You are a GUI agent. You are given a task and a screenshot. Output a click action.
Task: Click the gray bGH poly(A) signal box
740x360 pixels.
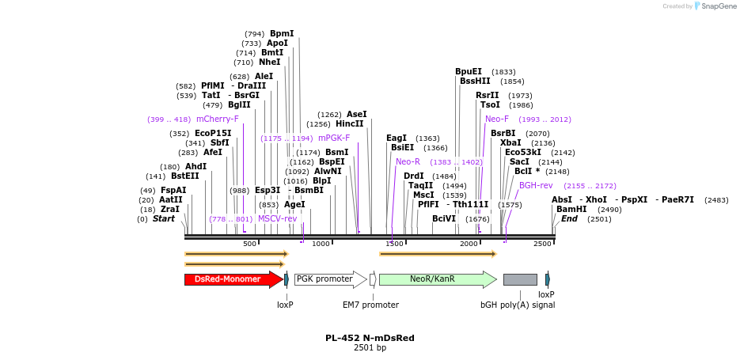coord(520,279)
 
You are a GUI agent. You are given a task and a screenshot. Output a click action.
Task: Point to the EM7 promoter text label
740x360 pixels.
coord(370,305)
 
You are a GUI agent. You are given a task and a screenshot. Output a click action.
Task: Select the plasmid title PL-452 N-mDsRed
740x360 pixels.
coord(370,338)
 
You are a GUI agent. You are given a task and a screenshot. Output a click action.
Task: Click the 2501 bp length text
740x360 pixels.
coord(370,348)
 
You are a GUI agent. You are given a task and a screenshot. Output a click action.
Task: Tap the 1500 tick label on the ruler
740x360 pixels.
coord(394,244)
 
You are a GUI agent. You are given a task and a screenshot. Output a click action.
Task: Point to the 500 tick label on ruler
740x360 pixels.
coord(249,244)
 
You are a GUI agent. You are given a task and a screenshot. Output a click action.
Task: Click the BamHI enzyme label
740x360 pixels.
coord(571,210)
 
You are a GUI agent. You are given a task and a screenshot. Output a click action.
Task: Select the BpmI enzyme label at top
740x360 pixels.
coord(282,33)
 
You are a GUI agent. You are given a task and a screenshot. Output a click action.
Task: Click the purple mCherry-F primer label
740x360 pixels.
coord(218,119)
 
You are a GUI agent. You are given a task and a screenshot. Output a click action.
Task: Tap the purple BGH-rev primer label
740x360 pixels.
coord(536,185)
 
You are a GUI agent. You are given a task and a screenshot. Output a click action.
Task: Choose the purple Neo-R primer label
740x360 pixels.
coord(408,161)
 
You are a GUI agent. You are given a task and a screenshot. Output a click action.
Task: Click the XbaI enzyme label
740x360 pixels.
coord(510,142)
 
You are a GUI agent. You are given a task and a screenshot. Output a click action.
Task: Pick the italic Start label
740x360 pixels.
coord(164,219)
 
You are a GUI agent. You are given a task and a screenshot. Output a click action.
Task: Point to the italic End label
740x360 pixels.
coord(569,219)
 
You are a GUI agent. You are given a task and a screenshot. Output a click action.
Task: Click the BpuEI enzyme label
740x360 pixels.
coord(469,71)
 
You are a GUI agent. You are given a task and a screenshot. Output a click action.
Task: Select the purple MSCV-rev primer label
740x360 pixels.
coord(277,218)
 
